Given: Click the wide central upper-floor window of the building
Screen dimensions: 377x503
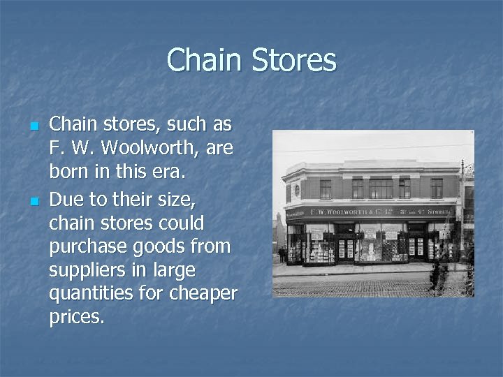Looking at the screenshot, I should click(381, 188).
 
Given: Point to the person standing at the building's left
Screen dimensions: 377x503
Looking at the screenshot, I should click(281, 254).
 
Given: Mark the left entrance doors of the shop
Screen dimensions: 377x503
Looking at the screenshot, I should click(346, 248).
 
